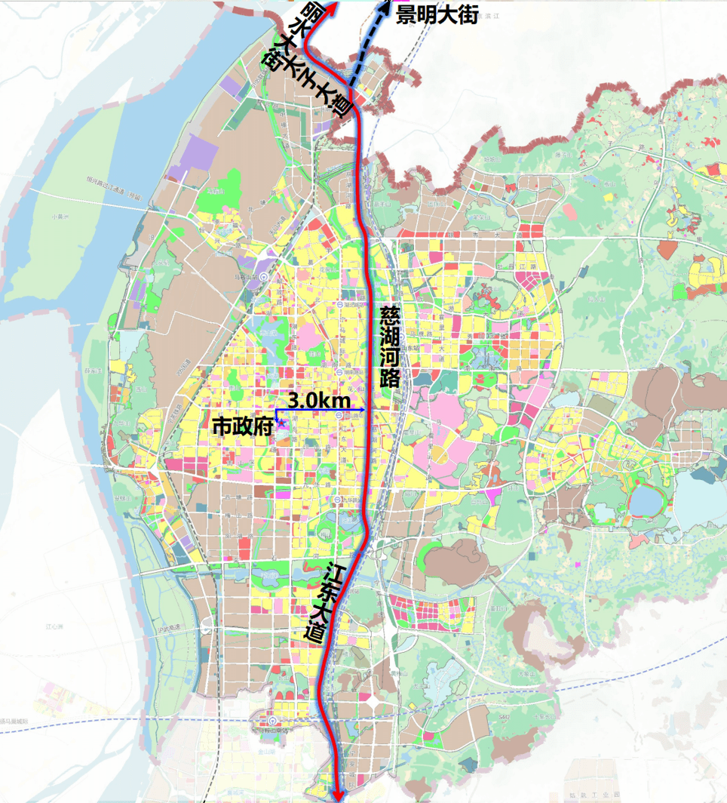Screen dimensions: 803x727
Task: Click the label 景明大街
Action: coord(437,14)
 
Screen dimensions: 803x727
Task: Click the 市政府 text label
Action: coord(241,427)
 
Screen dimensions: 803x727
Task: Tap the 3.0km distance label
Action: coord(317,400)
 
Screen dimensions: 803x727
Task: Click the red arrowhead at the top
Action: coord(330,6)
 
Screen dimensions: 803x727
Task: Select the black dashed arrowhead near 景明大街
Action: coord(387,6)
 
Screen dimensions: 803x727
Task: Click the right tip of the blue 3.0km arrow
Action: coord(364,409)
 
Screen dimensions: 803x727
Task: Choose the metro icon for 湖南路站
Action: coord(341,372)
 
